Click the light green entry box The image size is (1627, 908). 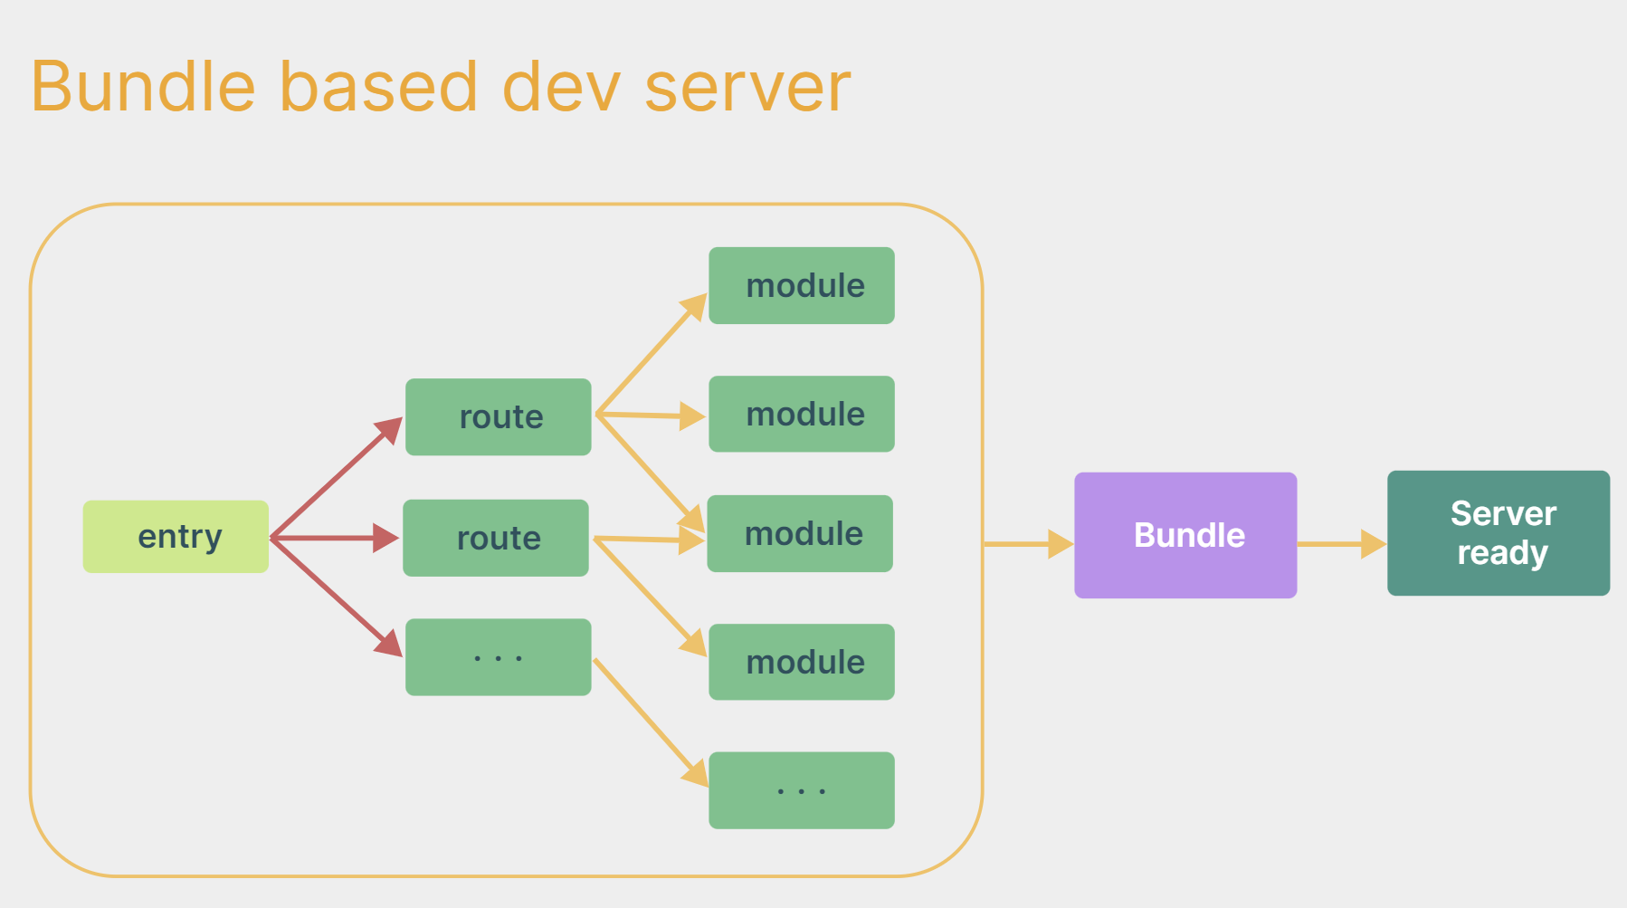(x=176, y=537)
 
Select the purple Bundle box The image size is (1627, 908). (x=1185, y=535)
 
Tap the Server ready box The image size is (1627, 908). (x=1498, y=533)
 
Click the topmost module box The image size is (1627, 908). (x=802, y=285)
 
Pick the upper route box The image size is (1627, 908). (x=499, y=416)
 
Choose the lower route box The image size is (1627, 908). (x=496, y=538)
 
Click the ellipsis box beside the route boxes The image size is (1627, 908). (x=499, y=657)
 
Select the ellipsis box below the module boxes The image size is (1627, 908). (x=802, y=790)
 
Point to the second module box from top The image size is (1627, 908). (x=802, y=414)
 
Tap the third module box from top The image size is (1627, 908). (x=800, y=533)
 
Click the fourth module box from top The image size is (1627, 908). (x=802, y=662)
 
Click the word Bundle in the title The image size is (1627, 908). (x=143, y=87)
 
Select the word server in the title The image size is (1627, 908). (x=747, y=87)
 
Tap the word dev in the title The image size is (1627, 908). (x=561, y=87)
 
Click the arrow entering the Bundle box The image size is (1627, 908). (x=1028, y=544)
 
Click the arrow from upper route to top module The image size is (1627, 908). (x=652, y=353)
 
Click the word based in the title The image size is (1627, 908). (x=378, y=87)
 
